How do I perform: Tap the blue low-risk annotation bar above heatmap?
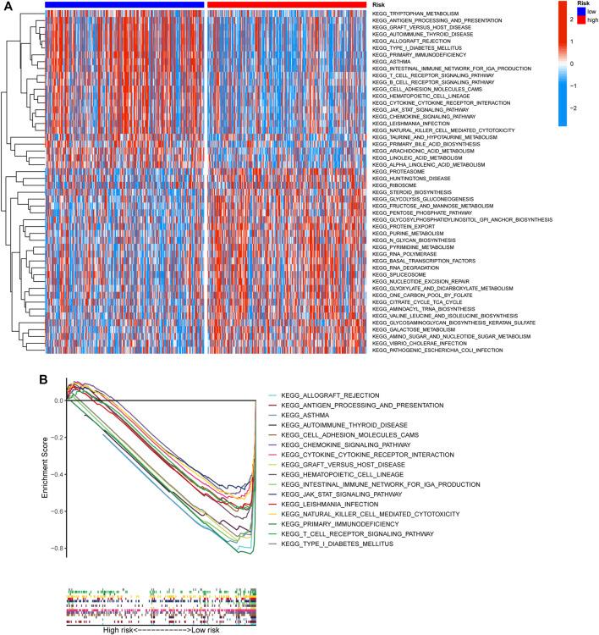tap(124, 5)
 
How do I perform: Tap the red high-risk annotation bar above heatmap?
tap(287, 5)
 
